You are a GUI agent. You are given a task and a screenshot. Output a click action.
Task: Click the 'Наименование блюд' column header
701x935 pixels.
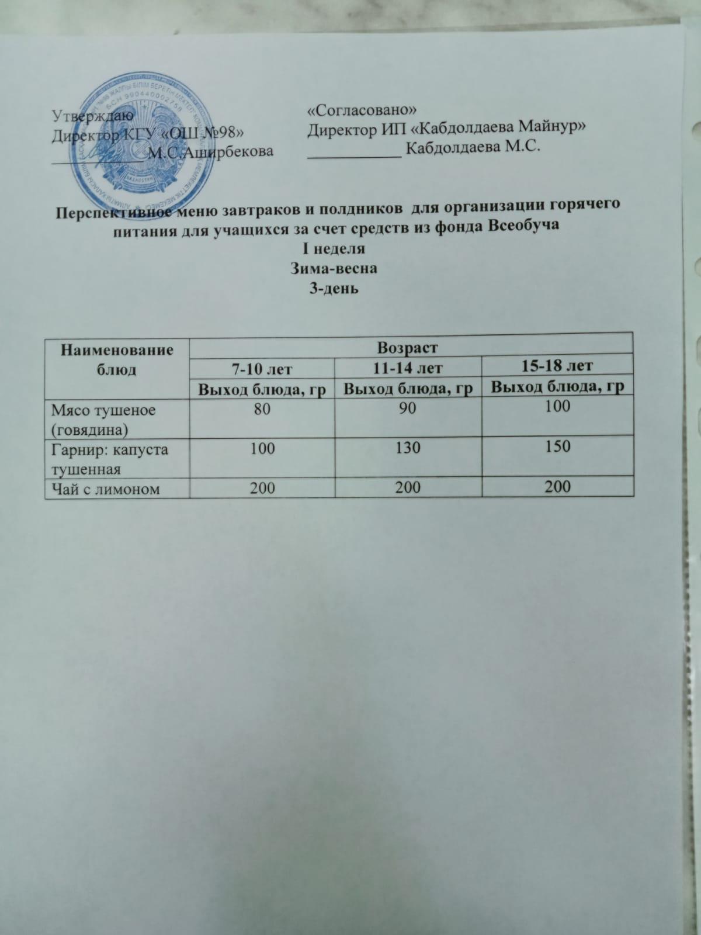click(117, 359)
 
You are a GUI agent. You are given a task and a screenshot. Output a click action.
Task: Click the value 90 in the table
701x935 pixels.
click(408, 408)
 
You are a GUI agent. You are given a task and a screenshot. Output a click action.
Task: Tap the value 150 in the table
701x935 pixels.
click(557, 447)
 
